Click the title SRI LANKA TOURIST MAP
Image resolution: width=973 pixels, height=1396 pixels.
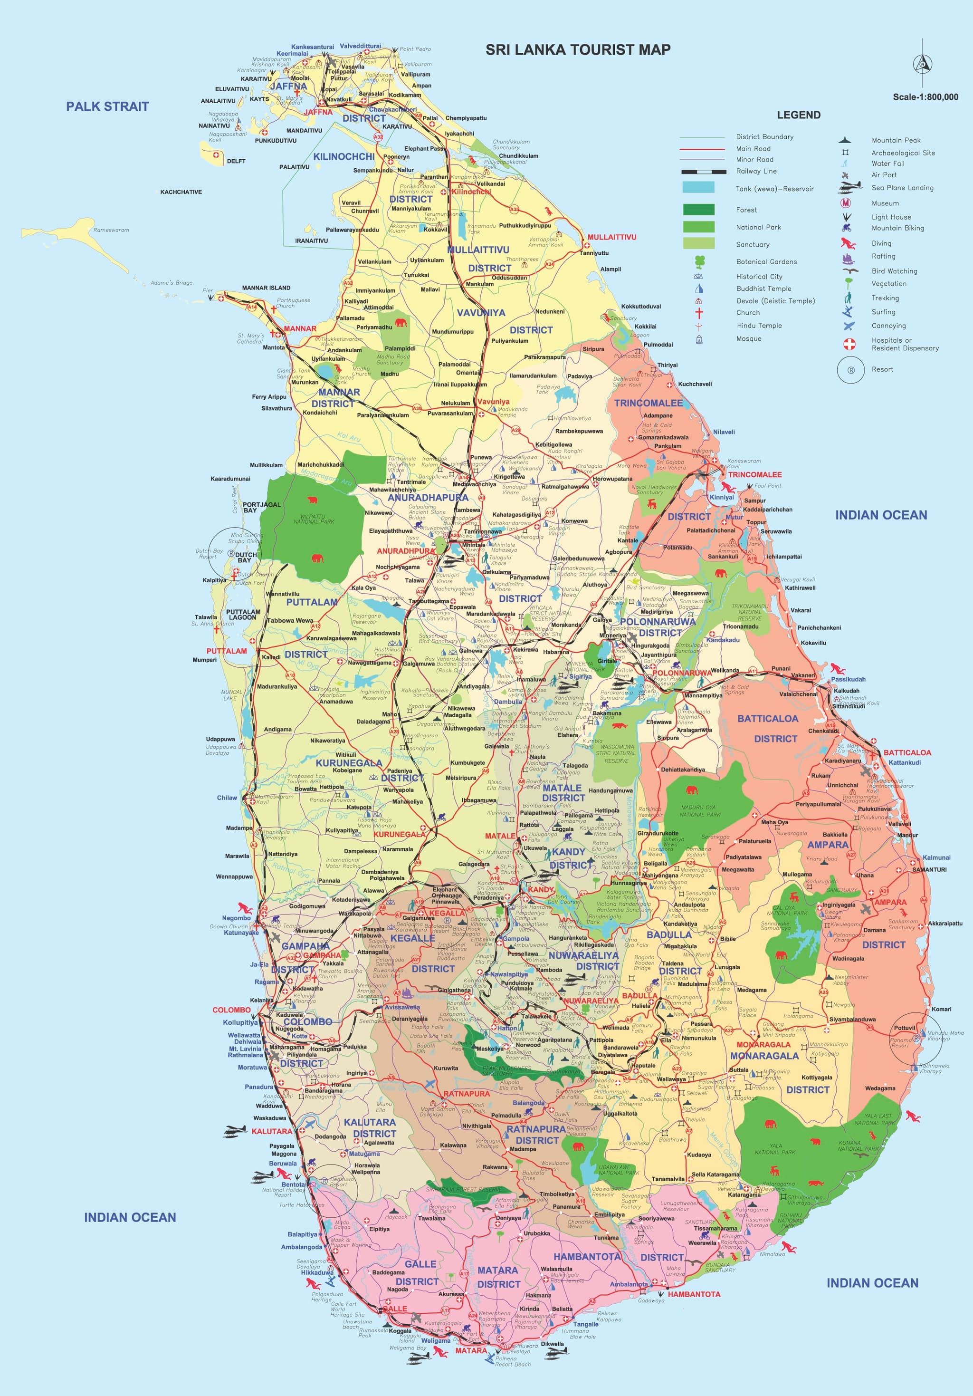(577, 50)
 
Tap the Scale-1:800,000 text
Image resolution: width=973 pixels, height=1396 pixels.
(925, 96)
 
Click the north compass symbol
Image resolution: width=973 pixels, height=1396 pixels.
(923, 63)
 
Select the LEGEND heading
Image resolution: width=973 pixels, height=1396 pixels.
(798, 115)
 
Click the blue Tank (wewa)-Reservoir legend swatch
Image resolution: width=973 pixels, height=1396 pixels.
(698, 187)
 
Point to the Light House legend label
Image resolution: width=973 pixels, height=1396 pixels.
(891, 217)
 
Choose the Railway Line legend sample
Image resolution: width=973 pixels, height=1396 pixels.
(703, 172)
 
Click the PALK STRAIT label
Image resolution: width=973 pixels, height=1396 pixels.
(107, 106)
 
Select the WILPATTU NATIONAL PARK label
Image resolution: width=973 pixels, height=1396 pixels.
(314, 519)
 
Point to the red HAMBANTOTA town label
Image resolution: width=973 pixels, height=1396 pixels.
(694, 1294)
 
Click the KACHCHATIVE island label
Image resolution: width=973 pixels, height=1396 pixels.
(181, 192)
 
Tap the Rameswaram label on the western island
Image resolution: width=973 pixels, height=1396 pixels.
(111, 231)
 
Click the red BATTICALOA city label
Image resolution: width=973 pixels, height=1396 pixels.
(907, 752)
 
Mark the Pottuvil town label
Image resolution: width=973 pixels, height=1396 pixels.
(904, 1028)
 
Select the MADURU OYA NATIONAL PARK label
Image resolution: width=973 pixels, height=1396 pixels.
(699, 810)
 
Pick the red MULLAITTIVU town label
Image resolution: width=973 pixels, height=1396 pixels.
(611, 237)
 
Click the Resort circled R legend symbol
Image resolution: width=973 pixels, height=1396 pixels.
(850, 370)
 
